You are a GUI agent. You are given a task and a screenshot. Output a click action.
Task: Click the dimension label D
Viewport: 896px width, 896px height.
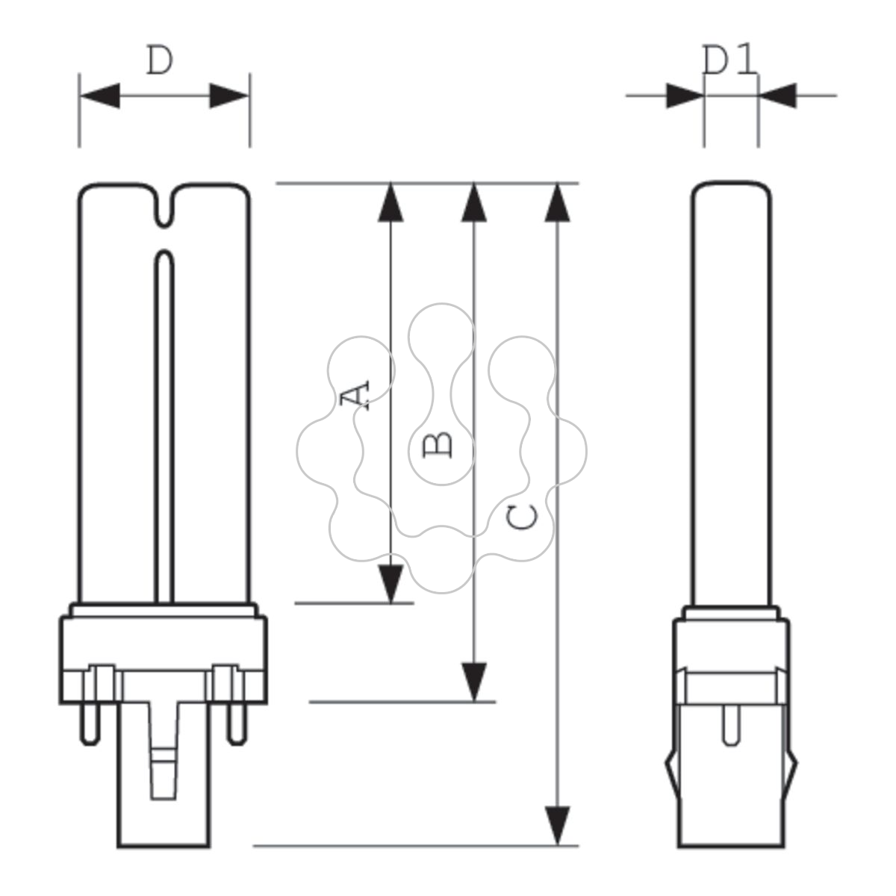tap(160, 60)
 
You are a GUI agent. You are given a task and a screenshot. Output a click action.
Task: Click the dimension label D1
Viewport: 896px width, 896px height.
tap(729, 60)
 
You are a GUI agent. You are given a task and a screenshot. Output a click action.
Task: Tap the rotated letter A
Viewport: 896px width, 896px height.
tap(355, 396)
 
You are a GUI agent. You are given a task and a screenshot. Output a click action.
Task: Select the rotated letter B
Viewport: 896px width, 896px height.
tap(437, 445)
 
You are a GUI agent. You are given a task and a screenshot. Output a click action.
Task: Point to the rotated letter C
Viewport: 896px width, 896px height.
tap(522, 517)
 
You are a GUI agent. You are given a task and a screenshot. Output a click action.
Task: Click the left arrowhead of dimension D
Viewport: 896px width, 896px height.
tap(100, 96)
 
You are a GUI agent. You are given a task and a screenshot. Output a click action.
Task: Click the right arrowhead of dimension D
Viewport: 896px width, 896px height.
tap(229, 96)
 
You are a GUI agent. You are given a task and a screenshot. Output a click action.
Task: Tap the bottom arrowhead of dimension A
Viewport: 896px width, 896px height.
tap(391, 584)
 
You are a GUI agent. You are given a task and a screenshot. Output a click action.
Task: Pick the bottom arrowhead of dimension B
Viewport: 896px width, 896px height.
tap(474, 682)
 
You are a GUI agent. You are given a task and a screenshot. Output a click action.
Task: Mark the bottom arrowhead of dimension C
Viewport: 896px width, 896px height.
tap(558, 826)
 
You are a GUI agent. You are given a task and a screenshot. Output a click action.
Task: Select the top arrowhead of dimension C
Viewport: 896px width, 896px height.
tap(558, 203)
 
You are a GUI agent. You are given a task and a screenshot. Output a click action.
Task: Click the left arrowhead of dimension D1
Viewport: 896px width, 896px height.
tap(685, 96)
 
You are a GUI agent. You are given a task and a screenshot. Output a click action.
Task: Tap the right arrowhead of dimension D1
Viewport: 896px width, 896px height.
tap(778, 96)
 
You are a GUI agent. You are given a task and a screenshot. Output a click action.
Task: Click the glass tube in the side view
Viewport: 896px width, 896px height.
tap(732, 394)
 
